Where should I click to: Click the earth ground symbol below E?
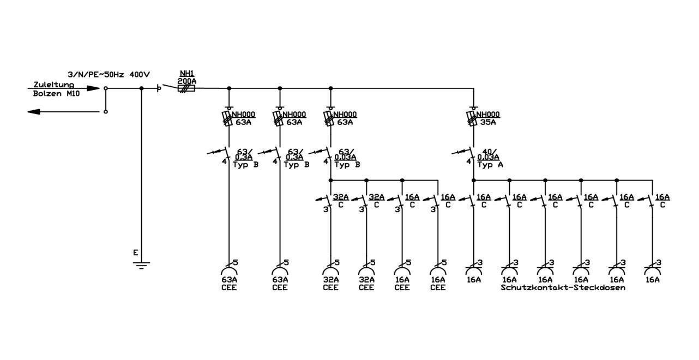(x=141, y=265)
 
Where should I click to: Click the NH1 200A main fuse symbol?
(x=186, y=88)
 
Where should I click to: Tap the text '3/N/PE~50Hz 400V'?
(x=109, y=75)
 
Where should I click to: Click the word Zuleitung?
(x=53, y=85)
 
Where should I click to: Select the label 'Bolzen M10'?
(x=57, y=93)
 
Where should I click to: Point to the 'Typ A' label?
(x=490, y=165)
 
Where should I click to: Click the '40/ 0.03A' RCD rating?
(x=489, y=154)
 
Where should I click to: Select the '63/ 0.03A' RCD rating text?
(x=345, y=154)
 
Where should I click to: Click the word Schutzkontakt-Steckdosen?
(x=563, y=287)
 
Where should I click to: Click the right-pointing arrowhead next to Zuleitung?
(x=93, y=88)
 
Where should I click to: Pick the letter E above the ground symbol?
(x=135, y=253)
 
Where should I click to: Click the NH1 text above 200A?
(x=187, y=74)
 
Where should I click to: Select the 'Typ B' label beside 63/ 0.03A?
(x=347, y=165)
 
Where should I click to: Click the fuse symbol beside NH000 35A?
(x=472, y=119)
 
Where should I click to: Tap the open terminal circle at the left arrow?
(x=106, y=112)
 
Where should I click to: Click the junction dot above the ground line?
(x=141, y=88)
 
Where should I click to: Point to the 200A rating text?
(x=187, y=81)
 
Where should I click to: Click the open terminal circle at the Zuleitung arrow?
(x=106, y=88)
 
